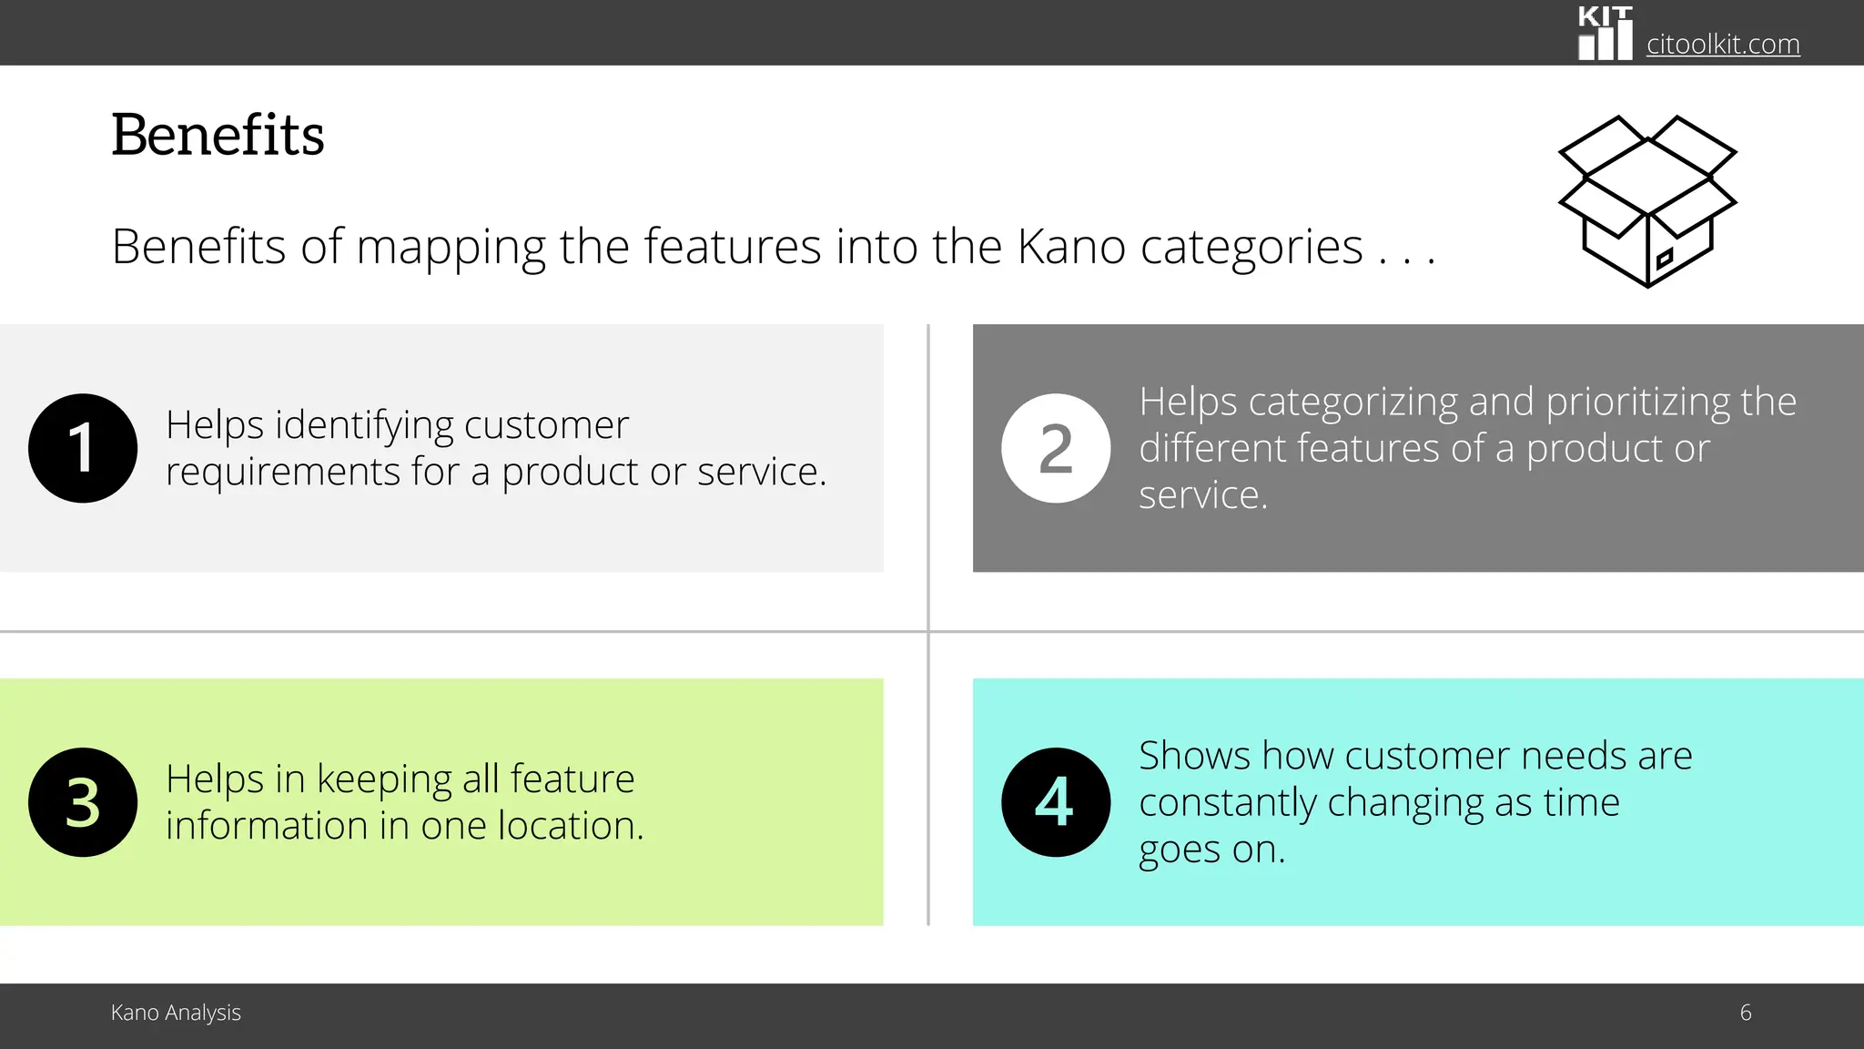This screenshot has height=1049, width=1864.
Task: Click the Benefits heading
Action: point(218,136)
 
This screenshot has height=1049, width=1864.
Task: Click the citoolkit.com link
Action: point(1722,44)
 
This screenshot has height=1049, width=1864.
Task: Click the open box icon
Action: point(1647,201)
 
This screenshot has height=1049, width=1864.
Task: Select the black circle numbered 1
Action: point(83,448)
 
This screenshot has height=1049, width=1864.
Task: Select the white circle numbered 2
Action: point(1056,448)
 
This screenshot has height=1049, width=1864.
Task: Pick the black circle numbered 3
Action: point(83,802)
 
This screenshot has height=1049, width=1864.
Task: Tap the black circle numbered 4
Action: point(1056,802)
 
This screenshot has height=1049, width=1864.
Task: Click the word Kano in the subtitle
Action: point(1071,247)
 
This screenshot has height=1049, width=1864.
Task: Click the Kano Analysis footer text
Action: point(176,1013)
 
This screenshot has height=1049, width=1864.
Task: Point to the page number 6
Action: point(1745,1013)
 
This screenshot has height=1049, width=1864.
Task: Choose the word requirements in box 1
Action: point(282,473)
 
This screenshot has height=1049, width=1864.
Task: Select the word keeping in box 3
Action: point(384,779)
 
